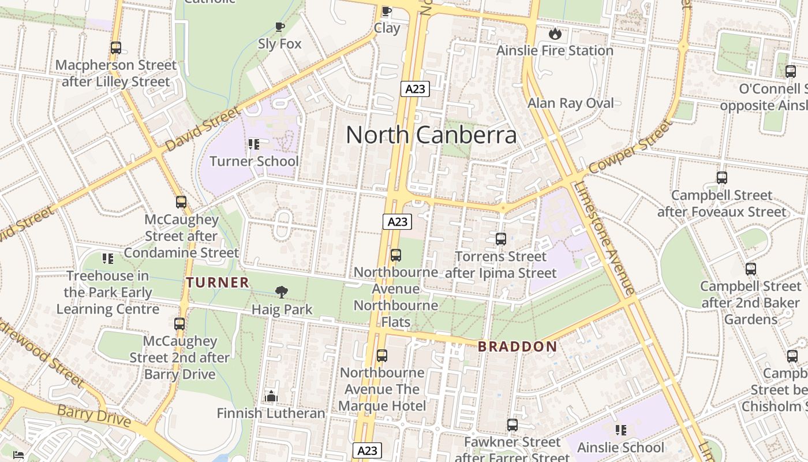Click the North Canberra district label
(431, 135)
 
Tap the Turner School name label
(254, 161)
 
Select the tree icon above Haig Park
(282, 292)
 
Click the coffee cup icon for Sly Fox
(280, 27)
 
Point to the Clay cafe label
(387, 28)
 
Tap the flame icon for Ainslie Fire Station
(555, 33)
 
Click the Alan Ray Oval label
(571, 103)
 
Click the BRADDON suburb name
(518, 346)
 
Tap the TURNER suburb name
(218, 282)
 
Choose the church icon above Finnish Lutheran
(271, 396)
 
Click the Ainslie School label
(620, 448)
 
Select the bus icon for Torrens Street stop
(500, 239)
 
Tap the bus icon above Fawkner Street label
(512, 425)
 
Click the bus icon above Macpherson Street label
(116, 48)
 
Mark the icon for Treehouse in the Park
(107, 259)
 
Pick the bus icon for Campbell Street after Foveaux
(721, 178)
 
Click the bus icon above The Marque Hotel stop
(381, 356)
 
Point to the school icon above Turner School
(254, 144)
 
